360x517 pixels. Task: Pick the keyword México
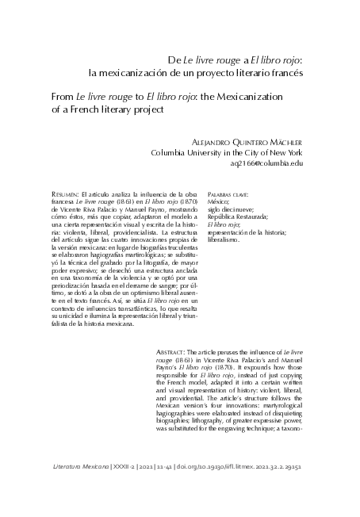pyautogui.click(x=217, y=201)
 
